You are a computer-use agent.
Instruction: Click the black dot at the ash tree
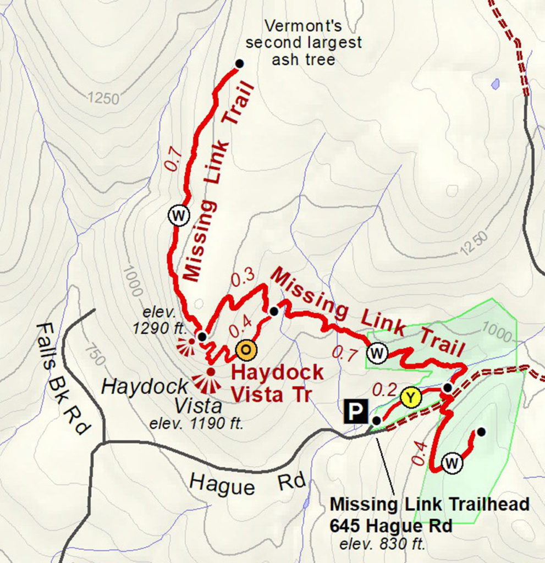coord(239,64)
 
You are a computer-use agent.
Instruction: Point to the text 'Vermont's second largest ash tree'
coord(304,43)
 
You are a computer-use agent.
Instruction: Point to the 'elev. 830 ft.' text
coord(382,545)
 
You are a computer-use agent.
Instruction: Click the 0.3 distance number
coord(242,279)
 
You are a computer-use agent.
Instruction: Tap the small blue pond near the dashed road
coord(496,84)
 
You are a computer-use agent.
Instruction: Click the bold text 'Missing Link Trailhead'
coord(429,504)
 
